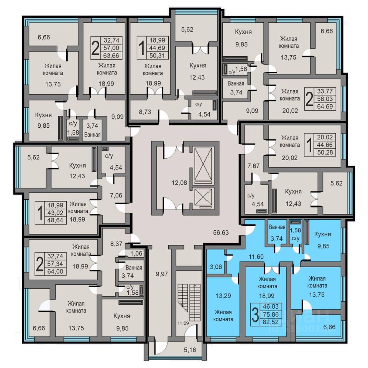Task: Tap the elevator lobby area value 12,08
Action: click(180, 182)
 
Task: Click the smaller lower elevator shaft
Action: click(203, 198)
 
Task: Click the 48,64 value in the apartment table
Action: click(56, 220)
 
